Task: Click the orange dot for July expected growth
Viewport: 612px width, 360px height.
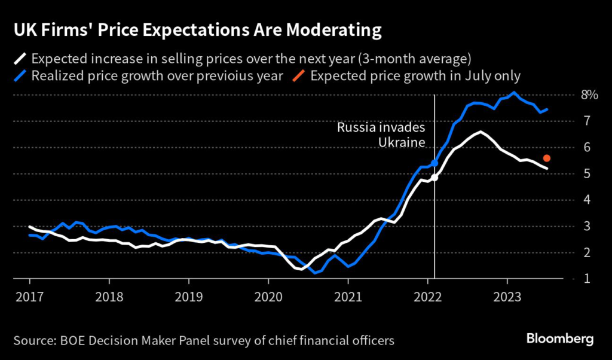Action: [546, 158]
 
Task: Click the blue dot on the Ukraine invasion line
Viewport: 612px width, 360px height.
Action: [434, 163]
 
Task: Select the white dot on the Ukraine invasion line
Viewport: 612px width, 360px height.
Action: [434, 178]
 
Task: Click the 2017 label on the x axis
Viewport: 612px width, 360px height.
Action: [29, 296]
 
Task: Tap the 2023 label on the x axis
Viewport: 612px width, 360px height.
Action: [507, 296]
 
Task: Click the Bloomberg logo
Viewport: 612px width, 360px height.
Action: [560, 339]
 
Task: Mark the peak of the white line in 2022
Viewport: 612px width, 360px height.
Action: [480, 132]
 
